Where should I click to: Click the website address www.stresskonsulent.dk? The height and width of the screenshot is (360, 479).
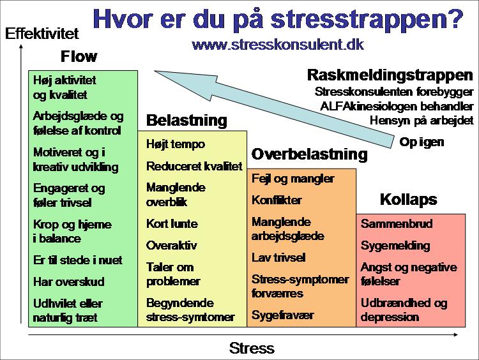point(278,45)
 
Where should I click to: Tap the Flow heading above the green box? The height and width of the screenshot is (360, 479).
point(79,56)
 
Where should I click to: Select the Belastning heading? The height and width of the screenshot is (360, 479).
point(186,120)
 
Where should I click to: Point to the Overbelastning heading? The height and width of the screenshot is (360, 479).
point(310,154)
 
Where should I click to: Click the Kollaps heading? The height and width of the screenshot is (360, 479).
point(409,200)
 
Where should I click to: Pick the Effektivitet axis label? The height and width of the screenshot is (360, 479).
point(42,33)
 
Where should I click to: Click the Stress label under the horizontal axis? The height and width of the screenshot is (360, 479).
point(252,348)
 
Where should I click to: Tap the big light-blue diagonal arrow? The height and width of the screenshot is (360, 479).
point(274,109)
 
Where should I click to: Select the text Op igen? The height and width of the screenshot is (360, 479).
point(422,142)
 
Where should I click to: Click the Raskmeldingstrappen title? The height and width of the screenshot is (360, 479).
point(390,75)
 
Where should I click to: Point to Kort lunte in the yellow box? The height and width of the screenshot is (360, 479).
point(172,224)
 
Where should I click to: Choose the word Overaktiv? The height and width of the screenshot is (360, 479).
point(171,246)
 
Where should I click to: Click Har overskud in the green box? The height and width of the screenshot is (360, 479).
point(69,281)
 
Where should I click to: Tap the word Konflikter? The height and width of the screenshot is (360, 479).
point(277,200)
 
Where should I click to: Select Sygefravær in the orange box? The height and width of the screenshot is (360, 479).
point(282,315)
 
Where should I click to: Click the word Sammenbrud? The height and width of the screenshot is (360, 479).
point(397,224)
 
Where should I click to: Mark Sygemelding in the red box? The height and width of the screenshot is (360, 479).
point(395,246)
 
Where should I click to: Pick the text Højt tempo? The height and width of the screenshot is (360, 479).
point(176,144)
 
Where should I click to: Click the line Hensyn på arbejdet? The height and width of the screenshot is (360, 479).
point(422,121)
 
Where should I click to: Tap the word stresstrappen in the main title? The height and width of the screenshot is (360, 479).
point(367,19)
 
